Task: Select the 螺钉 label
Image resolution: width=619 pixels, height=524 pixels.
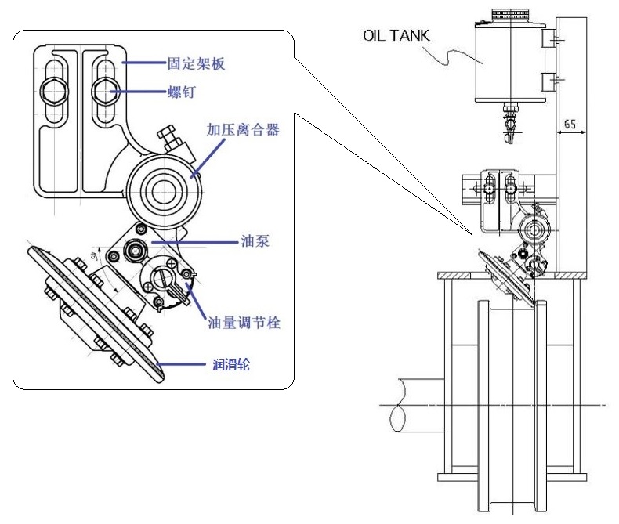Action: tap(181, 92)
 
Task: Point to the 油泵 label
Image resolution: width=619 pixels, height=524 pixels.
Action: tap(255, 242)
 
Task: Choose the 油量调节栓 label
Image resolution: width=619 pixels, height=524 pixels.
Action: tap(244, 322)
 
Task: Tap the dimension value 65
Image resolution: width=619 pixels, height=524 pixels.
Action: tap(570, 124)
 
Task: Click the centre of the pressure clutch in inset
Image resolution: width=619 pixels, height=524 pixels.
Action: tap(163, 188)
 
